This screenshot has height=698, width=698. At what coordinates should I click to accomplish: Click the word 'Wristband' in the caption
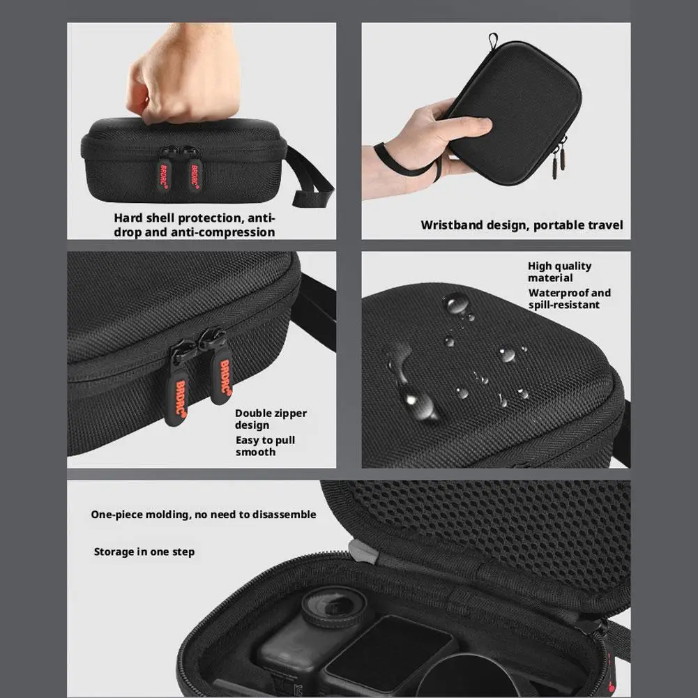pos(453,225)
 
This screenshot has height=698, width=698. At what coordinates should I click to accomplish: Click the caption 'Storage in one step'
pos(144,552)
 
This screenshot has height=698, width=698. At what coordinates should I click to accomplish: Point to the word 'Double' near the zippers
pos(251,413)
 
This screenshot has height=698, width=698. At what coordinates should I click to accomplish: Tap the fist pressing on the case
pos(183,73)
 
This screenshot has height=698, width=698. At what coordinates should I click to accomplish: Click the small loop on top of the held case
pos(492,41)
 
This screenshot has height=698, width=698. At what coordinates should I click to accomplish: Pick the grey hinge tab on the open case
pos(363,552)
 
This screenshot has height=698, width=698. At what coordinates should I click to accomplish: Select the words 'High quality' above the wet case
pos(559,266)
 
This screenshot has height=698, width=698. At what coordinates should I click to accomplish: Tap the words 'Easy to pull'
pos(265,440)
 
